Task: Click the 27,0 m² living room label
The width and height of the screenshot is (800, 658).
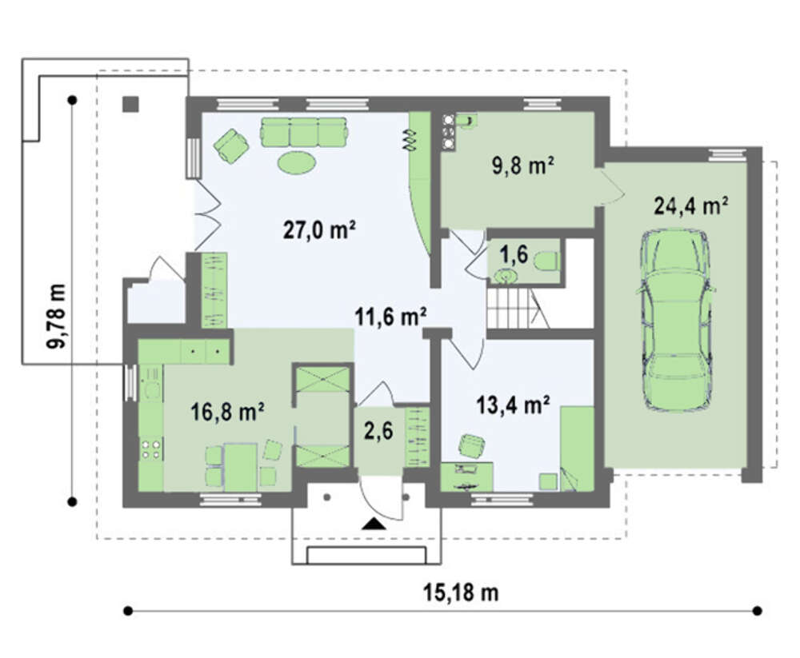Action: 319,230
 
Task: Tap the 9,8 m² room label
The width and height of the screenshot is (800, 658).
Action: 523,165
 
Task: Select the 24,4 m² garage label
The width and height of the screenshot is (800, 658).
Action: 691,206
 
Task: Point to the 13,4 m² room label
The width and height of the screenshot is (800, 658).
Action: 513,405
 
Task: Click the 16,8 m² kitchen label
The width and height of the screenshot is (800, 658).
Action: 227,412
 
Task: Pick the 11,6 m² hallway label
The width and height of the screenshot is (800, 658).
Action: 391,317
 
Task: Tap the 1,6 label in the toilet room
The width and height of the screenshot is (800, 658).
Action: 514,253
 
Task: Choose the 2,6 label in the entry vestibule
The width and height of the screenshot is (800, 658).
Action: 378,431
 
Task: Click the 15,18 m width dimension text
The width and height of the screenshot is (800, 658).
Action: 460,592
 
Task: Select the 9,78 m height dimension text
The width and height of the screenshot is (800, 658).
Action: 56,317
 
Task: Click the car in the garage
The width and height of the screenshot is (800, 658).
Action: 676,321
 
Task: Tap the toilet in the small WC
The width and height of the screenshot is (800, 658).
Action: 546,261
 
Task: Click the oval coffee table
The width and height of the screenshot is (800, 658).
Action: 297,162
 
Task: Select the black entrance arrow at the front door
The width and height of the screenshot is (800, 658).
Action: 374,524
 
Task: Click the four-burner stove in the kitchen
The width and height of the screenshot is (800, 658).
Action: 151,449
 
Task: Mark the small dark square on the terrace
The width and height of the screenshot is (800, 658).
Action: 130,104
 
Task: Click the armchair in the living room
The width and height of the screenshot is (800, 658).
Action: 231,146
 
